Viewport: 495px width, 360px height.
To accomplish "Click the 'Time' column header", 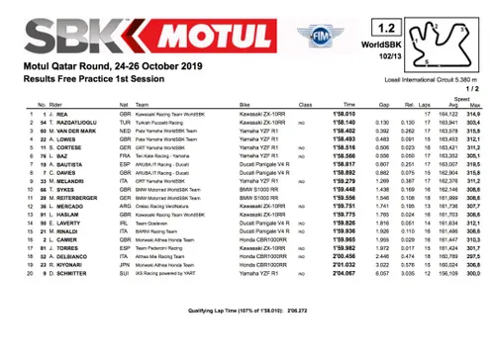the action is point(349,104).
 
